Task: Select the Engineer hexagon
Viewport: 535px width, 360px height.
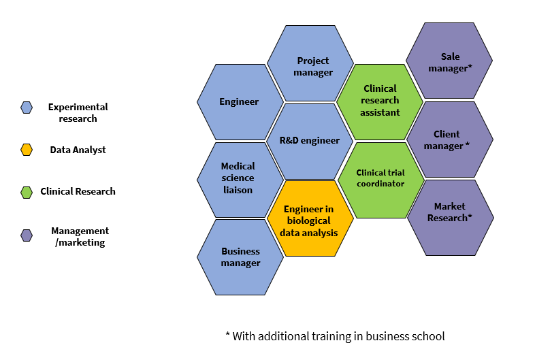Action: click(x=240, y=102)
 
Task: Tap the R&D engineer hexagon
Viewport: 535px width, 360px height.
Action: click(x=310, y=141)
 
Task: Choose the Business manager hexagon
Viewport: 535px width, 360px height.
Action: click(x=240, y=257)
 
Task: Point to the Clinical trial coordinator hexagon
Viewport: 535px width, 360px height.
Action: click(x=380, y=180)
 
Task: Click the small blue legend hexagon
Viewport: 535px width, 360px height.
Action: click(x=27, y=107)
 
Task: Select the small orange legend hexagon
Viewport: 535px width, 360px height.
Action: click(x=27, y=150)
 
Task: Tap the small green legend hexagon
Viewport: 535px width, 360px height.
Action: click(x=27, y=192)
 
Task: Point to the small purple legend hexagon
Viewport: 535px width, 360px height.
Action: click(x=27, y=235)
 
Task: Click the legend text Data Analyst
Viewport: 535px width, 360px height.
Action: click(x=78, y=150)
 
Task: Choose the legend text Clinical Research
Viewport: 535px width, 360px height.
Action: click(x=78, y=191)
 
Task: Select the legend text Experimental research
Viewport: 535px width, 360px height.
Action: click(x=78, y=112)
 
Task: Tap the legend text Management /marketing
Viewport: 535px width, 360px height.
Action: click(x=80, y=236)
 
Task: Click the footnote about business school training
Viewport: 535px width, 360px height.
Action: click(x=334, y=336)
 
